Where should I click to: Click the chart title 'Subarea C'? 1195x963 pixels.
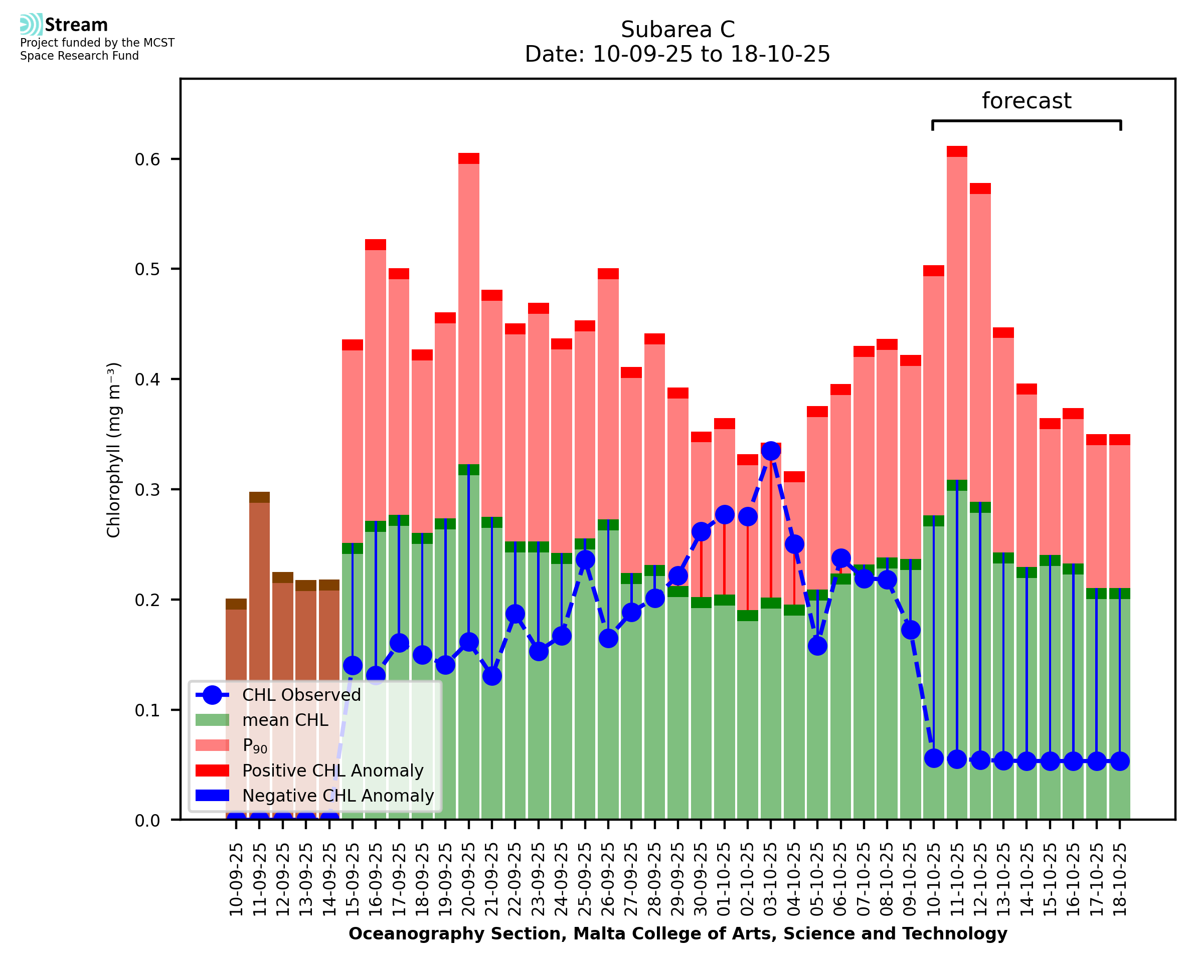677,30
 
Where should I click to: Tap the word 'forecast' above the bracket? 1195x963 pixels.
1027,101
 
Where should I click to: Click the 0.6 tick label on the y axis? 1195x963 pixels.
147,160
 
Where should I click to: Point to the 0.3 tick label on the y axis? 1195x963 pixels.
147,490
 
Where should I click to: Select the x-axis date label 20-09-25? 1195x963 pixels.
469,879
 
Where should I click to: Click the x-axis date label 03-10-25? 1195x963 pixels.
771,879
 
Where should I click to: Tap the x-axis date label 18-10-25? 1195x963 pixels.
1120,879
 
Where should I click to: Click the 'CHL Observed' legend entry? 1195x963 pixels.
301,695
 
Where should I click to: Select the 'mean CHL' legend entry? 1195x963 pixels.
285,720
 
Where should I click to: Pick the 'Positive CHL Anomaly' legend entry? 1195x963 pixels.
333,771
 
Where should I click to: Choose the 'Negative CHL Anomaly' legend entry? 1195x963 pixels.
338,796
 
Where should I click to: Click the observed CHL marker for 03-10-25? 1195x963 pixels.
771,452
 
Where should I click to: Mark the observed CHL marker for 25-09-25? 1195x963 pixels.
585,560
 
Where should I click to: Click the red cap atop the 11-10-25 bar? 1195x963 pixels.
957,151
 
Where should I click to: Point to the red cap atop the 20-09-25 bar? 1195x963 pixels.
469,158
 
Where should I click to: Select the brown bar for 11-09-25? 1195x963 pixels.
259,583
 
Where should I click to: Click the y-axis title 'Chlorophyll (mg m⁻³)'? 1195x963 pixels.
114,450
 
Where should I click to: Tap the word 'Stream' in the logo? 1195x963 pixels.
76,25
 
